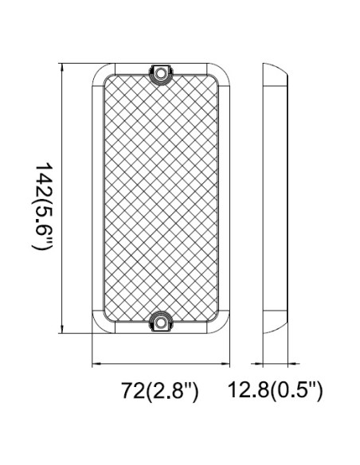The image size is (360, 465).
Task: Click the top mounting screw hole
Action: point(162,72)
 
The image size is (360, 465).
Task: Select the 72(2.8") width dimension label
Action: point(158,391)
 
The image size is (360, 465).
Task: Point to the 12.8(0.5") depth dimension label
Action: point(275,391)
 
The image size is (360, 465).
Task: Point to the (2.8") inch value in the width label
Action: point(172,391)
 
